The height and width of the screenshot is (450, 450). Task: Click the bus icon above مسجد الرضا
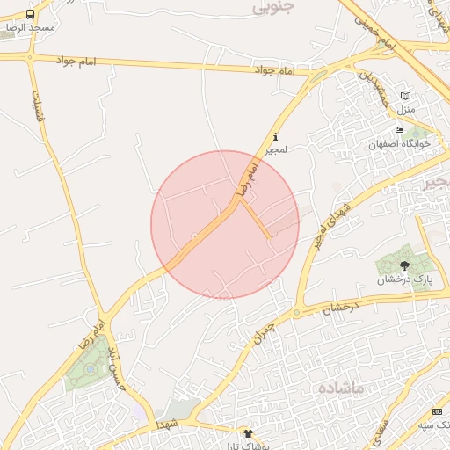[31, 15]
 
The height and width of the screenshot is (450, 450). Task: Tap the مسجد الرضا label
[31, 28]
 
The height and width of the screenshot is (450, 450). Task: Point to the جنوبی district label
[272, 6]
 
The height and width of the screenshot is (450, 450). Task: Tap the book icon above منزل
[405, 96]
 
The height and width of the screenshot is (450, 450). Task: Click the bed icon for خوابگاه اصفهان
[399, 130]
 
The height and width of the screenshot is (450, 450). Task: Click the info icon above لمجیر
[276, 136]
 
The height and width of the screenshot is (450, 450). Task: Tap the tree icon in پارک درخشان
[404, 265]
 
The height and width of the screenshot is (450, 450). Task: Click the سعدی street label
[380, 429]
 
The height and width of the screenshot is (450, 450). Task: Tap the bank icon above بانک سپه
[437, 412]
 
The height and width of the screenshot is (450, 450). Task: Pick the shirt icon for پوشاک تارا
[248, 433]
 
